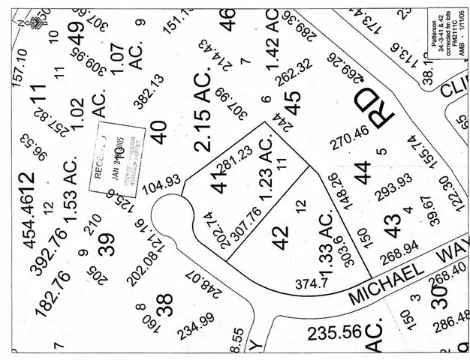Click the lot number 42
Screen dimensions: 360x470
pos(281,237)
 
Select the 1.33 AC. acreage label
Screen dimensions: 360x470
pos(326,244)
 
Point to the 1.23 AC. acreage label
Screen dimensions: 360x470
pos(264,169)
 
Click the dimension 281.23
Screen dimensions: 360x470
pos(234,152)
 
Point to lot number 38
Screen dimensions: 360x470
pos(165,304)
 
